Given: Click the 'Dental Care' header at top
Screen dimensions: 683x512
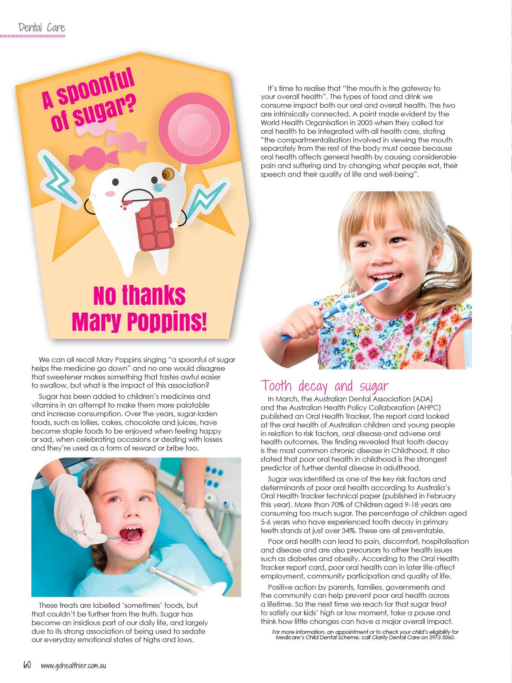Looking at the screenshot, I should coord(42,28).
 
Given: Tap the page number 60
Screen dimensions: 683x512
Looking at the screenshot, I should coord(27,666).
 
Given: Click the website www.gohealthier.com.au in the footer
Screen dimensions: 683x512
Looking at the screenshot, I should coord(73,666).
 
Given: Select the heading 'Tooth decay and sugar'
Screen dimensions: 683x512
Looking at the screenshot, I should coord(324,386).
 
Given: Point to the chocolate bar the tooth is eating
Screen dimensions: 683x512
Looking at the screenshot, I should coord(154,224).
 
